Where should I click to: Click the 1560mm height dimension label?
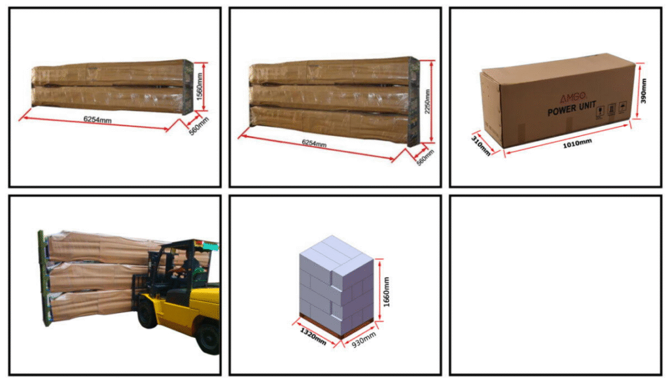click(199, 87)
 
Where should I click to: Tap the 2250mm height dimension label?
click(427, 101)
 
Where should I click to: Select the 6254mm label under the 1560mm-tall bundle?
click(97, 120)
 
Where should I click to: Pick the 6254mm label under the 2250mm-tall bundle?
click(314, 143)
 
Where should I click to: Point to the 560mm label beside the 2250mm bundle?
click(425, 158)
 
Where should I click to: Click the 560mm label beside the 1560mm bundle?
click(199, 126)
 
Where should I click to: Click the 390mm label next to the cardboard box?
click(644, 91)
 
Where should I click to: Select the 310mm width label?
click(481, 146)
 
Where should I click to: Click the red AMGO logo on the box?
click(573, 97)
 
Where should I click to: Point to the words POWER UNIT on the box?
click(572, 108)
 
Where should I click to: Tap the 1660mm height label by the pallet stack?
click(386, 291)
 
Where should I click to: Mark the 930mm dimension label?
click(364, 339)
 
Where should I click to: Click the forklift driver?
click(186, 268)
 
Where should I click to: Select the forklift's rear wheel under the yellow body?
click(209, 339)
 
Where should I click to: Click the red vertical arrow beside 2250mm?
click(432, 101)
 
